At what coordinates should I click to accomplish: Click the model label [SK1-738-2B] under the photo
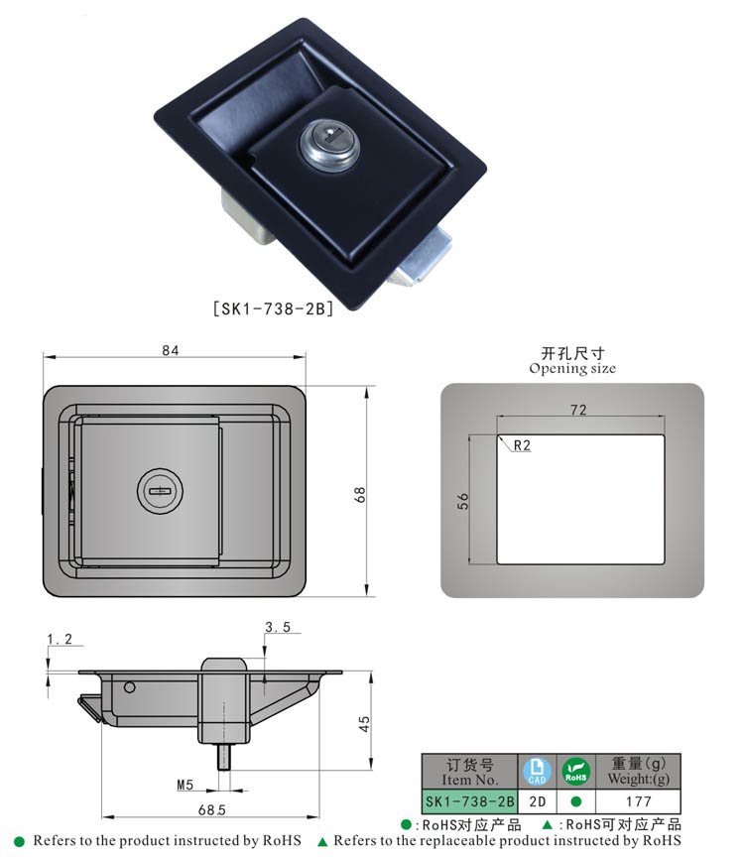click(x=273, y=308)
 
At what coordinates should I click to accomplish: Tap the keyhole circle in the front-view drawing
click(x=158, y=489)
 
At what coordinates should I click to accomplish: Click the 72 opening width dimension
click(x=578, y=410)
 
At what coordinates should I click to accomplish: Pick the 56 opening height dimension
click(x=462, y=502)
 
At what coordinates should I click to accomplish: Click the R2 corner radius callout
click(x=522, y=446)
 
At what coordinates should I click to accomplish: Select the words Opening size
click(x=572, y=368)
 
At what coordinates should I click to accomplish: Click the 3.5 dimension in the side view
click(x=277, y=627)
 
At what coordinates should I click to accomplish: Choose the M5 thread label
click(x=186, y=786)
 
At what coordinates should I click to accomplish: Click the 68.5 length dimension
click(x=211, y=810)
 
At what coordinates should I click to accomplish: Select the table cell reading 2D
click(x=536, y=800)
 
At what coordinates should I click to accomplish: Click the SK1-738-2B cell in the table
click(x=470, y=800)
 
